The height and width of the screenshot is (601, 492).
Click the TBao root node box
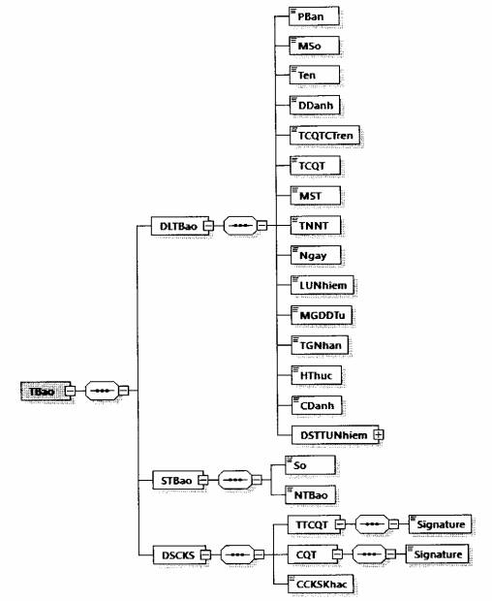click(x=46, y=391)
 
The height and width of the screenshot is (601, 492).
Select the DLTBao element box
click(x=180, y=226)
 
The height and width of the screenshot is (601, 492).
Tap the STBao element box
click(x=177, y=480)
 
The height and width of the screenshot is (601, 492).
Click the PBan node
click(x=314, y=16)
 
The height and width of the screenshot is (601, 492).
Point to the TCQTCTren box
click(x=324, y=135)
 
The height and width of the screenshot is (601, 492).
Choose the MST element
click(x=315, y=196)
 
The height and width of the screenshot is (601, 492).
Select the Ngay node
click(x=316, y=255)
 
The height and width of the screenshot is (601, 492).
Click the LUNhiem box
click(x=322, y=285)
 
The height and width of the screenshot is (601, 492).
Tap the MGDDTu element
click(x=322, y=315)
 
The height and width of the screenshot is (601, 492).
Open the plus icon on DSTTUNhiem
click(x=379, y=434)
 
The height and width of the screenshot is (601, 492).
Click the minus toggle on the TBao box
click(x=70, y=391)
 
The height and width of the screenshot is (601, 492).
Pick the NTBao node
click(x=311, y=494)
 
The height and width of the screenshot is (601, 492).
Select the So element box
click(x=310, y=465)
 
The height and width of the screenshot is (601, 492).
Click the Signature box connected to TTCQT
click(x=440, y=524)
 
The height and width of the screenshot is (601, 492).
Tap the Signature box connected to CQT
click(x=437, y=554)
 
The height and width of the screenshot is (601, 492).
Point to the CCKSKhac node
click(x=321, y=585)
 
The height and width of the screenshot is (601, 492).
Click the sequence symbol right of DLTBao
click(x=240, y=226)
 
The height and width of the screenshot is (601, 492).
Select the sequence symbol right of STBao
click(x=235, y=480)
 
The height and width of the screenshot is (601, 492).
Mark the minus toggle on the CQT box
click(x=337, y=554)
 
